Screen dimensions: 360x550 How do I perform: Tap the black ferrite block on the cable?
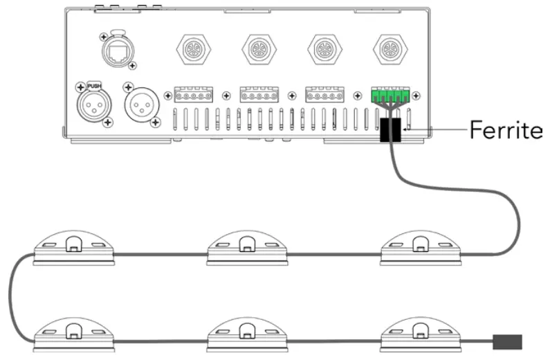click(x=391, y=130)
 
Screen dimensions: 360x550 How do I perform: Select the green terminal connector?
click(x=389, y=96)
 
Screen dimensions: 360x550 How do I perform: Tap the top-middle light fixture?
click(x=246, y=249)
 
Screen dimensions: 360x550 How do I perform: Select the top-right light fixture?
click(x=419, y=249)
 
